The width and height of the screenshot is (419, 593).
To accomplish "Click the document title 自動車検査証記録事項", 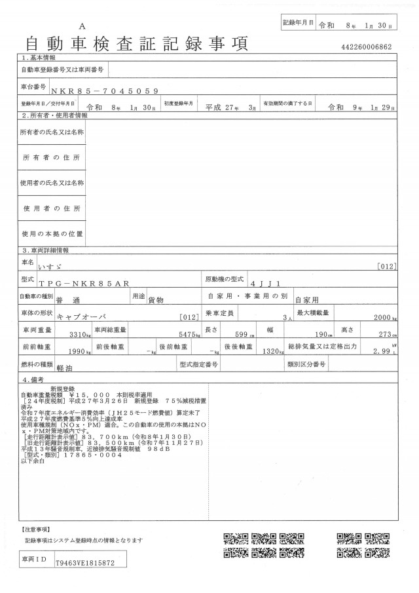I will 136,45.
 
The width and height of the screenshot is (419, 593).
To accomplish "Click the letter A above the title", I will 82,26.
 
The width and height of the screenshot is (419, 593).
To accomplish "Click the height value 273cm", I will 387,334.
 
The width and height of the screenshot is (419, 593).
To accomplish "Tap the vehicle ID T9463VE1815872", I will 85,563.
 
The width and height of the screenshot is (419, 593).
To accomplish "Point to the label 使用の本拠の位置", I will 52,233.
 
